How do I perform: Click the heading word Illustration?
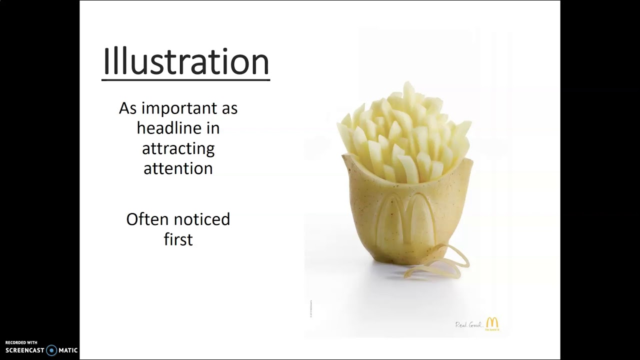coord(185,62)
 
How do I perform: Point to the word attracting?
coord(178,148)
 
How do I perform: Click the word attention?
coord(178,168)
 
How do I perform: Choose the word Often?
coord(148,219)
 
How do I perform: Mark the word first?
coord(178,239)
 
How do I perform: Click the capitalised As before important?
coord(128,108)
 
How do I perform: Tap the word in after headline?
coord(212,128)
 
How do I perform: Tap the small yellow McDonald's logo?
coord(492,323)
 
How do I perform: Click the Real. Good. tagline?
coord(468,325)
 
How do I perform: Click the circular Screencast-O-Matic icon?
coord(51,350)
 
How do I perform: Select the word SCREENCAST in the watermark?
coord(24,350)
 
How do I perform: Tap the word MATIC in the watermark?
coord(68,350)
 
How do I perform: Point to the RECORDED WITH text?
coord(21,342)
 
